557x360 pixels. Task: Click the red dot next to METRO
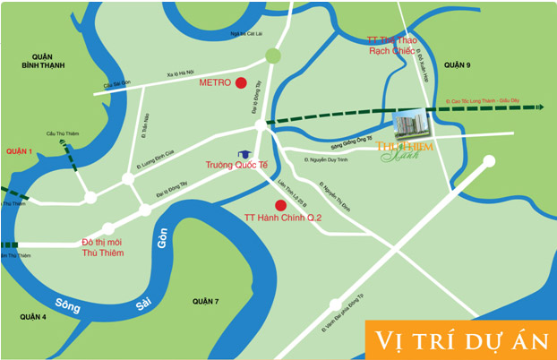pos(240,84)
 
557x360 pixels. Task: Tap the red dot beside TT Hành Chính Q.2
pos(281,217)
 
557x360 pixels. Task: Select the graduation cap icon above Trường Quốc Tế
pos(243,155)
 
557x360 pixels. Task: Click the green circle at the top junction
pos(273,56)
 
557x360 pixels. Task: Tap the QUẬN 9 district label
pos(457,65)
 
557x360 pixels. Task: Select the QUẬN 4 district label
pos(33,316)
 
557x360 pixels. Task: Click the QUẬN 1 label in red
pos(18,151)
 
